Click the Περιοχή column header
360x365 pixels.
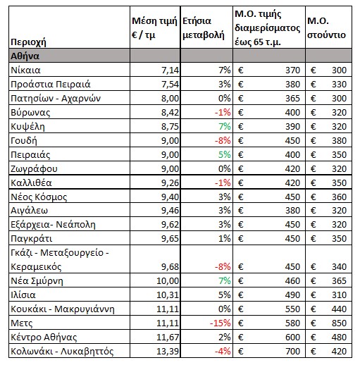click(28, 42)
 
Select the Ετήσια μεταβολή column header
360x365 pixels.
click(204, 28)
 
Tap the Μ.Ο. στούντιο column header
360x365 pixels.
click(326, 28)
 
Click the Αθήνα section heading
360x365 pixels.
click(25, 56)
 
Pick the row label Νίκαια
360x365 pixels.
click(25, 70)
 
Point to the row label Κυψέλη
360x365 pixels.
click(27, 127)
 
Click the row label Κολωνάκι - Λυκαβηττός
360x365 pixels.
click(62, 352)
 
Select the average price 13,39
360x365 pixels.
click(168, 352)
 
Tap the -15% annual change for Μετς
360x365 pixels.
click(220, 323)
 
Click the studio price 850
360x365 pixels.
click(339, 323)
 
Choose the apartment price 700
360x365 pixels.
click(292, 352)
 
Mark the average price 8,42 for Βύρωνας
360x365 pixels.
click(170, 113)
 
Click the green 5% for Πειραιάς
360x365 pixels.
click(225, 155)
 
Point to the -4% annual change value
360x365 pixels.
click(223, 352)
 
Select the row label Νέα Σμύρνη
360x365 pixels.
click(37, 281)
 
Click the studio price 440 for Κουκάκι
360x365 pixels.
click(339, 309)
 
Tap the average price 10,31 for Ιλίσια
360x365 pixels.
click(168, 295)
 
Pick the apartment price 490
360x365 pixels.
click(292, 295)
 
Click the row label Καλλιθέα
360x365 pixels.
click(31, 183)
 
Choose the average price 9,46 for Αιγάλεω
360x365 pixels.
click(170, 211)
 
